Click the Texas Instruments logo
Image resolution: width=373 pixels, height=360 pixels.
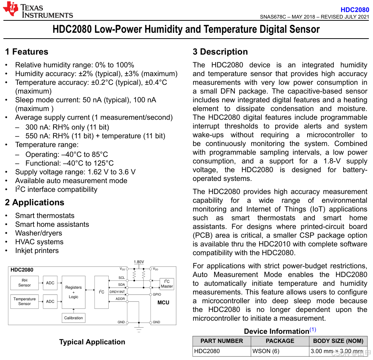[x=38, y=10]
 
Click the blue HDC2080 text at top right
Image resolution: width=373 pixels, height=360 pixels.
[x=355, y=10]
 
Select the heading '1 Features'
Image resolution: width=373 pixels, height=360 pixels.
[x=27, y=52]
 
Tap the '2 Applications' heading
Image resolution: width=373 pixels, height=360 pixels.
[x=35, y=202]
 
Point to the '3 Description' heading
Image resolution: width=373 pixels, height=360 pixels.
[x=220, y=52]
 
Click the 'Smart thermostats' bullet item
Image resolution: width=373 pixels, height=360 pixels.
[x=45, y=215]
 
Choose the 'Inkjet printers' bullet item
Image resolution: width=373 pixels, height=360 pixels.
[x=37, y=250]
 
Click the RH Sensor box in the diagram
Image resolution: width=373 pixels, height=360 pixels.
[x=25, y=283]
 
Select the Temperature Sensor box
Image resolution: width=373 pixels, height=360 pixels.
[x=25, y=301]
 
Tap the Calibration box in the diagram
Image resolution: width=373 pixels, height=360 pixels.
[x=73, y=318]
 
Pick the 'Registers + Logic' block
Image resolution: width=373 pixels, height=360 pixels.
[x=73, y=292]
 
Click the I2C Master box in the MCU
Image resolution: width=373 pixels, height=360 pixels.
[x=167, y=284]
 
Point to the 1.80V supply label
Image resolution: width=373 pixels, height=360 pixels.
[x=139, y=262]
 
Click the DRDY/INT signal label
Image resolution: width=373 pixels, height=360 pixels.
[x=117, y=292]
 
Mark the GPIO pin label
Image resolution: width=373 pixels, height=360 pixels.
[x=157, y=294]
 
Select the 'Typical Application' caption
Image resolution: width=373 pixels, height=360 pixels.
[x=92, y=342]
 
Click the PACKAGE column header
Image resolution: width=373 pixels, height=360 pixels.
[x=280, y=341]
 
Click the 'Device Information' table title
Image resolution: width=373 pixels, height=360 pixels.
[x=276, y=331]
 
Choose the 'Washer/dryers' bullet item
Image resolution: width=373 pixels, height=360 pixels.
[x=39, y=233]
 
